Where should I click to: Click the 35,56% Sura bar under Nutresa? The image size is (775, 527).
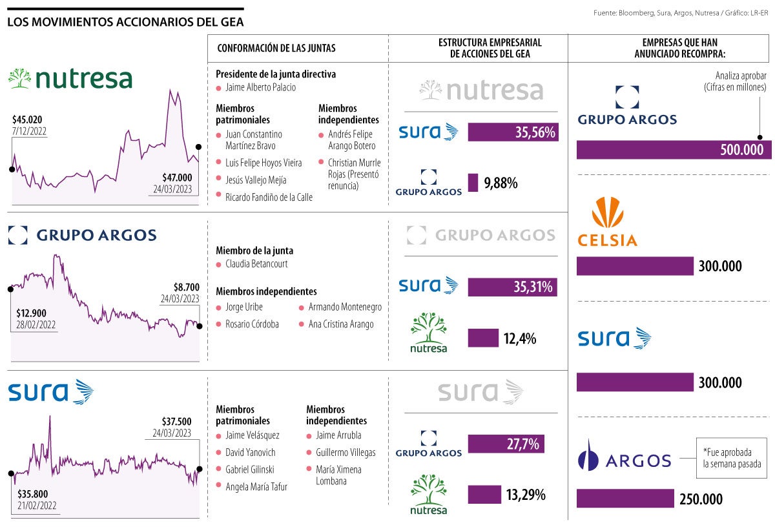512,132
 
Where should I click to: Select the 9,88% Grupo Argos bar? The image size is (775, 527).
473,183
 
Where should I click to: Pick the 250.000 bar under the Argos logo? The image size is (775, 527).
625,499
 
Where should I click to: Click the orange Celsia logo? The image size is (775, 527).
606,222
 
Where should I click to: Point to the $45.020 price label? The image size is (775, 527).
29,119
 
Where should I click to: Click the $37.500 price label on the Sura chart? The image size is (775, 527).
177,420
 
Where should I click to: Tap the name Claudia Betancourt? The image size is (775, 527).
256,264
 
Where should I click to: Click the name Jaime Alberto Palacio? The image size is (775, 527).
260,87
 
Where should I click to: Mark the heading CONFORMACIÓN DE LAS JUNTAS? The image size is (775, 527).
276,48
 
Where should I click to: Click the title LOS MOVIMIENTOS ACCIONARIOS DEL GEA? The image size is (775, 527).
125,23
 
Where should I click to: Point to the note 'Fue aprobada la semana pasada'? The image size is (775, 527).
732,458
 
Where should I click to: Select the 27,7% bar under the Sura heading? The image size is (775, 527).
506,444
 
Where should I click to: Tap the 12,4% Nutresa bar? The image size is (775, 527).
483,338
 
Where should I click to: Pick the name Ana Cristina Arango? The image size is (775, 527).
341,324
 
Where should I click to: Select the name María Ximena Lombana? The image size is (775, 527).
338,475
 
